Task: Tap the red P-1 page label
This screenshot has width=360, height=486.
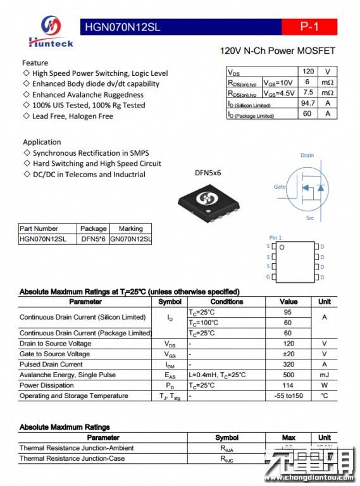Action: (309, 27)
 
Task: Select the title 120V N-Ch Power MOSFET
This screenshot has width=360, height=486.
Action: (277, 51)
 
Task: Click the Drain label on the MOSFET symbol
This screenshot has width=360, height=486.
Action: (307, 155)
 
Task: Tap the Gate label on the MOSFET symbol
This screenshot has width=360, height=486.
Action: (279, 187)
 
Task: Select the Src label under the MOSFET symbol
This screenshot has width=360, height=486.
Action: (309, 218)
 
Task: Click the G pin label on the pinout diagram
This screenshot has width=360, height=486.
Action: (268, 277)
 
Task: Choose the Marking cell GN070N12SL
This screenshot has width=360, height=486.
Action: (131, 239)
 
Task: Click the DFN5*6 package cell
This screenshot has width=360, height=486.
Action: (94, 239)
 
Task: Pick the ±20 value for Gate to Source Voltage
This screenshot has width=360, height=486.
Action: (288, 354)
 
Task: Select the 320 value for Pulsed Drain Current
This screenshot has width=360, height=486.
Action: (288, 364)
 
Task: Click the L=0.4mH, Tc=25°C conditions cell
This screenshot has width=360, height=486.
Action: (217, 375)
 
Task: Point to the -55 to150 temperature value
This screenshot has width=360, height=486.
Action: (288, 396)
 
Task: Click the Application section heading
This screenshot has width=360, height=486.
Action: (42, 142)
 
